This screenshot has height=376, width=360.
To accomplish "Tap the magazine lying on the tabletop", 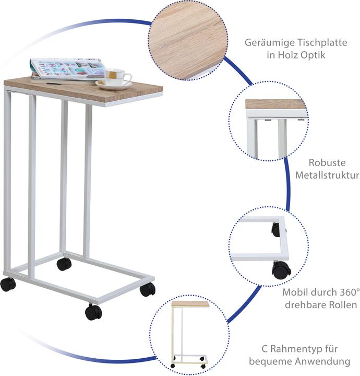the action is pos(67,69).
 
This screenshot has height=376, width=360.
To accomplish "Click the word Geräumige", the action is pos(270,43).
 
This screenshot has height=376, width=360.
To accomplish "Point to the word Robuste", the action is pos(327,163).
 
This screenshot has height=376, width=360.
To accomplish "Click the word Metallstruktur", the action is pos(327,175).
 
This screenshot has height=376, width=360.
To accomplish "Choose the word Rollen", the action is pos(343,305).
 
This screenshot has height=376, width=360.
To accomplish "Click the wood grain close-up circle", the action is pos(188,40).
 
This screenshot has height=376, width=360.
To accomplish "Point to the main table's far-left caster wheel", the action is pos(8,285).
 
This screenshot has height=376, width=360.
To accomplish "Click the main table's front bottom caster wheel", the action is pos(93,312).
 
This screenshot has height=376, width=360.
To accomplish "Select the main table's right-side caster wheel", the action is pos(148,289).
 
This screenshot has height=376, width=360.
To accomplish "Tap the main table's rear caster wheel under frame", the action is pos(64,264).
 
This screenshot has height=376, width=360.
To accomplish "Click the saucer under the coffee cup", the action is pos(114,85).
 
